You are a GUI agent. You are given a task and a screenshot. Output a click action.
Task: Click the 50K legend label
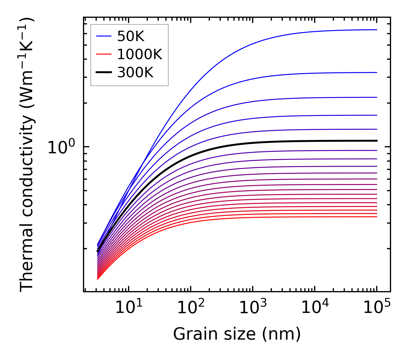coord(131,36)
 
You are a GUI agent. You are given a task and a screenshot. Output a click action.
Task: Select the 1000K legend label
coord(140,54)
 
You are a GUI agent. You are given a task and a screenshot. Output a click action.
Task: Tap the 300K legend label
coord(135,73)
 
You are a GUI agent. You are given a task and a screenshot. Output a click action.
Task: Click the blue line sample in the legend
coord(103,36)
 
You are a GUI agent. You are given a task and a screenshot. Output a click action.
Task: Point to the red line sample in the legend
coord(103,54)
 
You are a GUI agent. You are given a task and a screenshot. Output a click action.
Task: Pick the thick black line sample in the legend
coord(103,73)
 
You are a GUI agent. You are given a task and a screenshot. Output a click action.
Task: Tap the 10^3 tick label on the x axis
coord(253,308)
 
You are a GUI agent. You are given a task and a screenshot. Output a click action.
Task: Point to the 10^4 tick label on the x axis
coord(315,308)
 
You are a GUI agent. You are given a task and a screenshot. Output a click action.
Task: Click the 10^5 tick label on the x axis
coord(377,308)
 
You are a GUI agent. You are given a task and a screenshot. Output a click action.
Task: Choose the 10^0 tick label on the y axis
coord(61,147)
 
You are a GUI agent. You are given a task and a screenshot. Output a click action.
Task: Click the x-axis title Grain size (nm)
coord(237,334)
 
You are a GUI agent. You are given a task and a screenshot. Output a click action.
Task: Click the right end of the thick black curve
coord(376,141)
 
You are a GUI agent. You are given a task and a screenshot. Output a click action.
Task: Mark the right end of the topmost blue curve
coord(376,30)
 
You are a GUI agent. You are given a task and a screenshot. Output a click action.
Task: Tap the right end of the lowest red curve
coord(376,217)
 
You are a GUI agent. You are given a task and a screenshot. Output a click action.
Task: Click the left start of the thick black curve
coord(98,251)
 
